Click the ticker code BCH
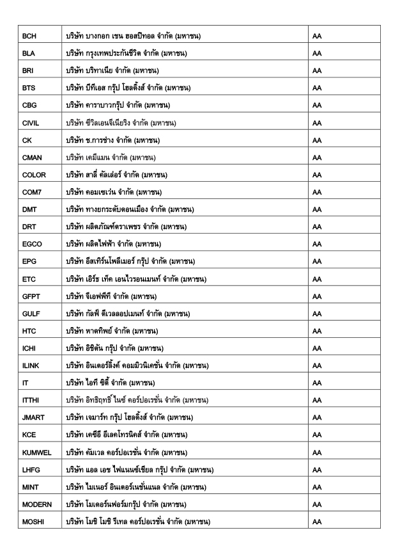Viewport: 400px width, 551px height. click(x=29, y=34)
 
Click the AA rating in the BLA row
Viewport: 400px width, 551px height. click(x=318, y=52)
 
